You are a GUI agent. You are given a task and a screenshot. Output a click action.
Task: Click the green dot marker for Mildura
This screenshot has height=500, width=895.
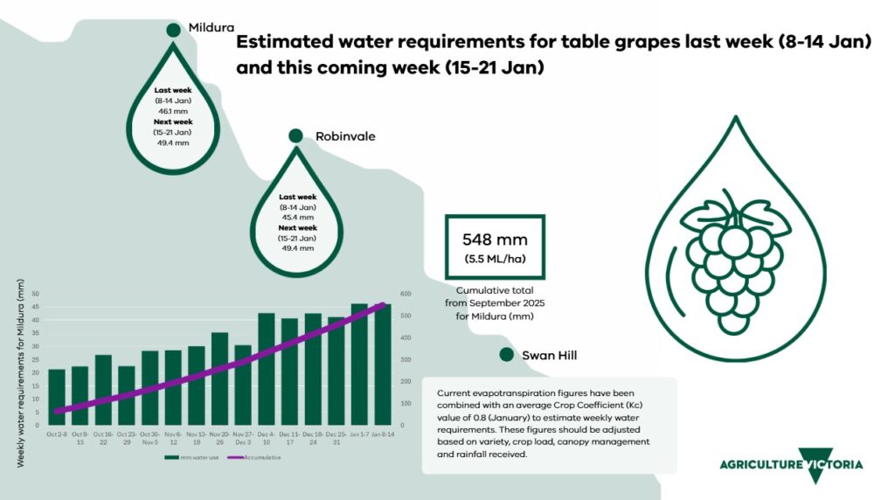tap(173, 30)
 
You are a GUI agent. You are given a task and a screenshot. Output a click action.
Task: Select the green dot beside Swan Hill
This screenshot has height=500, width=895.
tap(505, 355)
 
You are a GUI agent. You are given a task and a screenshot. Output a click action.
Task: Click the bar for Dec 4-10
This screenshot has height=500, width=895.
tap(267, 369)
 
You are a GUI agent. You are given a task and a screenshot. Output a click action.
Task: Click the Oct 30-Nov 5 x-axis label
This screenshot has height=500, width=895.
tap(150, 439)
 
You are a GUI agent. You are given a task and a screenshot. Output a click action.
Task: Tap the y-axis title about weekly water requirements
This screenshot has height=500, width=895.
tap(20, 367)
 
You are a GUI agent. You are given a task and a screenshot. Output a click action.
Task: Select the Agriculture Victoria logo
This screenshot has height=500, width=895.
tap(791, 464)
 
